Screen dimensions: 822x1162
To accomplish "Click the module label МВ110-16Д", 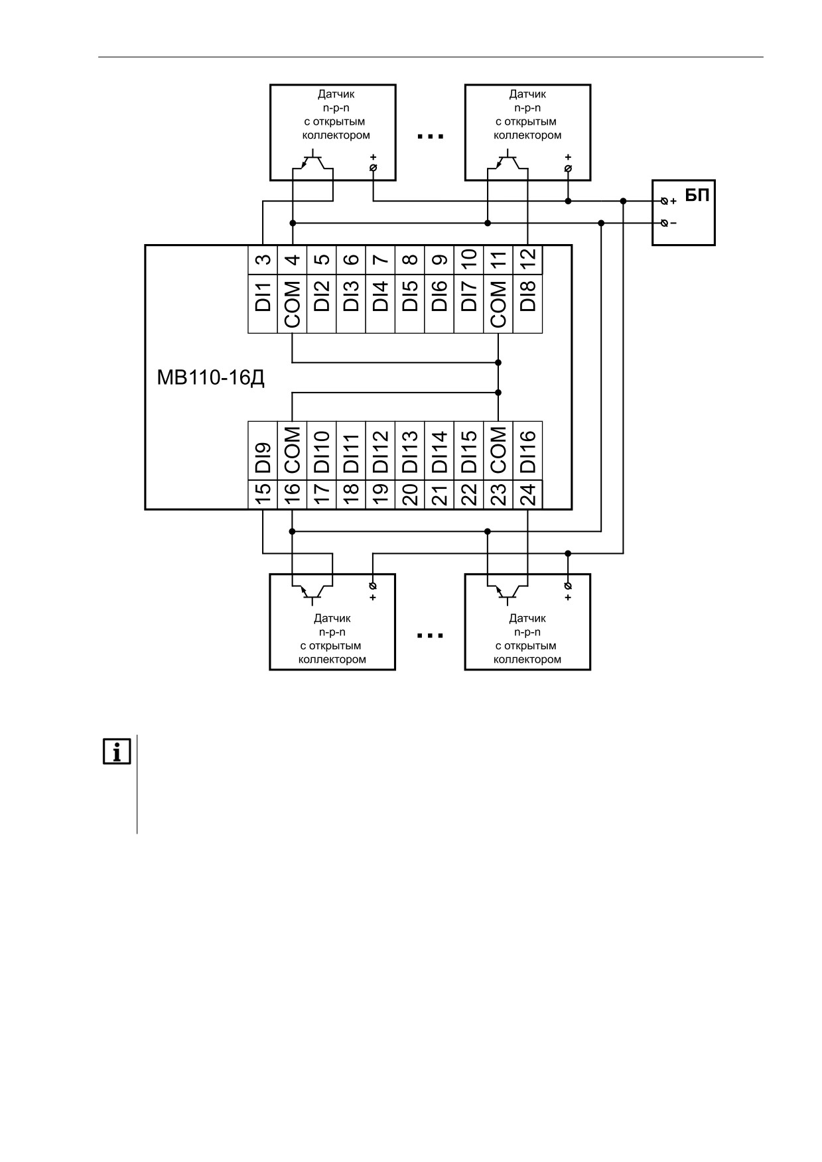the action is point(211,378).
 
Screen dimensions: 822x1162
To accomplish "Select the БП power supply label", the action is point(697,196).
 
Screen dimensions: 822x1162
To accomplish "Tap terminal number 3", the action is point(263,259).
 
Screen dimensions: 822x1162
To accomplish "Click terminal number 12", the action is point(528,259).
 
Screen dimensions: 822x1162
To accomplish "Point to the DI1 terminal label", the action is point(263,296).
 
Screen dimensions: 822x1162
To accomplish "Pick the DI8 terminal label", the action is point(528,296).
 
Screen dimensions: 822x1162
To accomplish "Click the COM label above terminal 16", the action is point(292,450).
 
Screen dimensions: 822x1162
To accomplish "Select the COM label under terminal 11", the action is point(498,304).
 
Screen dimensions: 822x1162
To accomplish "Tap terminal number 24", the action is point(528,495).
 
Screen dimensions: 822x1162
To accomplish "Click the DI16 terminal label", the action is point(528,451).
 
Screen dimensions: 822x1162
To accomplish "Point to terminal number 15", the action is point(263,495).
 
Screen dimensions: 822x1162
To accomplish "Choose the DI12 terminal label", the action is point(380,451).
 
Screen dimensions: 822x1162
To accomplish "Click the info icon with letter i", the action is point(117,751).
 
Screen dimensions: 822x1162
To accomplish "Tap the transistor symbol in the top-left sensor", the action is point(312,162).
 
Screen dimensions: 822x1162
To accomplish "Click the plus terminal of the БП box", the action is point(665,201).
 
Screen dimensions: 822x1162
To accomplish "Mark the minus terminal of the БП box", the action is point(665,223).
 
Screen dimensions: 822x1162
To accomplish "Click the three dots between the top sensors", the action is point(430,137).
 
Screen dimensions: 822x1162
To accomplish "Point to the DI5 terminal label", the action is point(410,296).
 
